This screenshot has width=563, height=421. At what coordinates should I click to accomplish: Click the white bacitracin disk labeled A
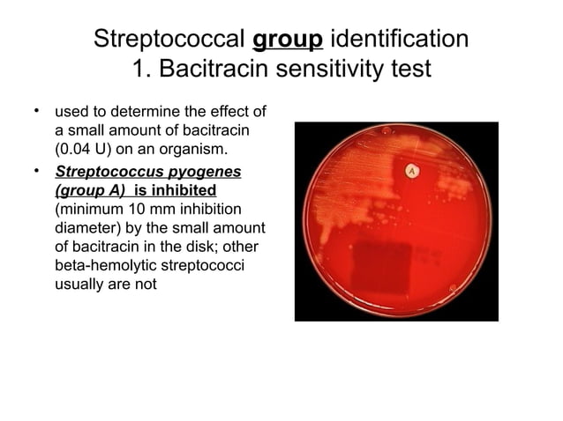pos(411,169)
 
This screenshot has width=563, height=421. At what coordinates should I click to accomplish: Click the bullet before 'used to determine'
pos(38,110)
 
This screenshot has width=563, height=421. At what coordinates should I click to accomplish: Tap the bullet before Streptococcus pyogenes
pos(38,169)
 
